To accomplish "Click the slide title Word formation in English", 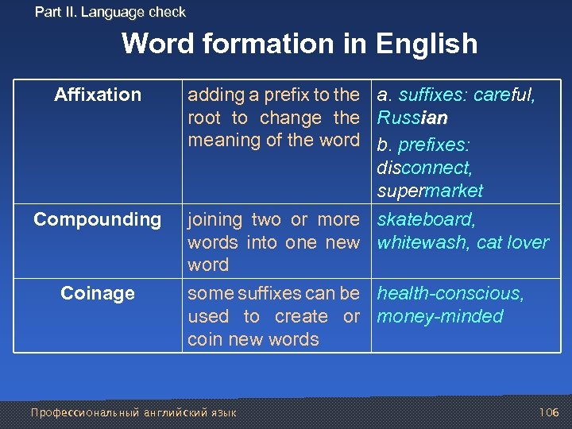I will pyautogui.click(x=300, y=44).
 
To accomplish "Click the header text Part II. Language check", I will pyautogui.click(x=110, y=12).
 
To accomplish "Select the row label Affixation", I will pyautogui.click(x=98, y=95).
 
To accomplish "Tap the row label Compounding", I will pyautogui.click(x=97, y=219).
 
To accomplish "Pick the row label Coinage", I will pyautogui.click(x=98, y=293).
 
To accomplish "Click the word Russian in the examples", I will pyautogui.click(x=412, y=118).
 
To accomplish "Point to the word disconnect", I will pyautogui.click(x=424, y=168).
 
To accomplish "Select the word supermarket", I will pyautogui.click(x=430, y=191).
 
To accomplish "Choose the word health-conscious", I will pyautogui.click(x=450, y=293).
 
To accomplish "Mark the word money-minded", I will pyautogui.click(x=440, y=316).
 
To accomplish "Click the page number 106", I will pyautogui.click(x=549, y=412).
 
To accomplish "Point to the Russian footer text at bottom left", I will pyautogui.click(x=133, y=412).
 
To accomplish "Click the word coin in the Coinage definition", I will pyautogui.click(x=203, y=339).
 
